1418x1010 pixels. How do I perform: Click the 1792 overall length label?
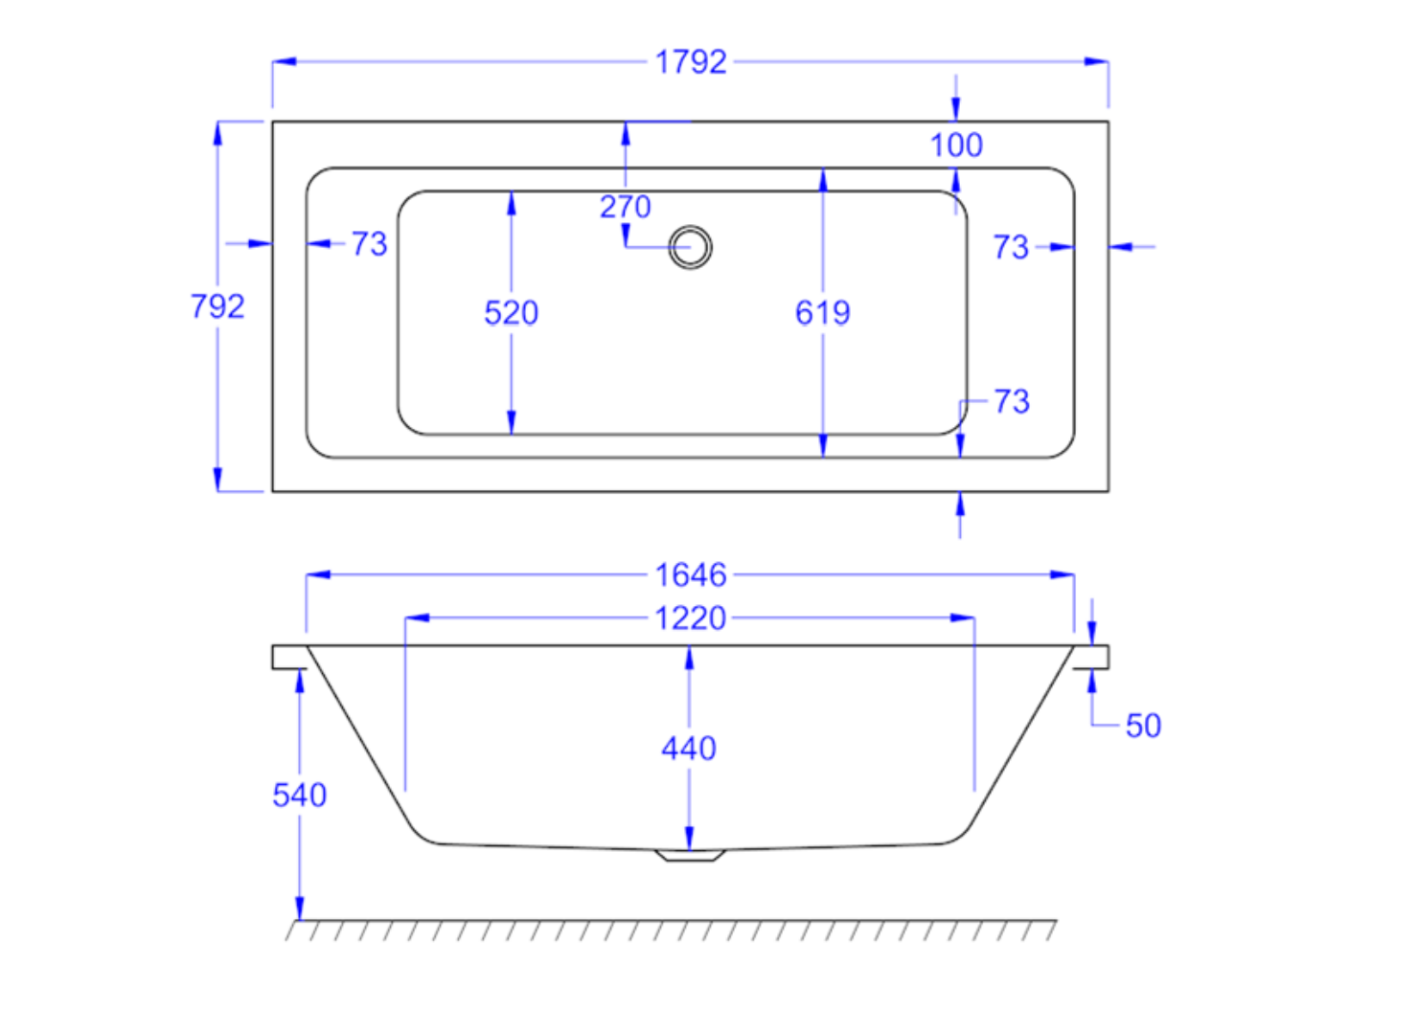(691, 62)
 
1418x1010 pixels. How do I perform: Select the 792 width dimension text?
(217, 306)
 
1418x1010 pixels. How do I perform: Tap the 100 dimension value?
(956, 146)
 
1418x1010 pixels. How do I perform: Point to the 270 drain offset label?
(625, 207)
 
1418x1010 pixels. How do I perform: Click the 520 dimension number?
(511, 313)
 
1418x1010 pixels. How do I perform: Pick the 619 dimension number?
(822, 313)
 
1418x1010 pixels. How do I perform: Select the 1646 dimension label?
(691, 575)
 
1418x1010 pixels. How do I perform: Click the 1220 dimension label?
(691, 618)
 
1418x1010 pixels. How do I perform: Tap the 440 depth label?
(689, 749)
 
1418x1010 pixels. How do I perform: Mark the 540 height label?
(299, 796)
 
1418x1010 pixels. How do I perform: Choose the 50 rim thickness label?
(1143, 726)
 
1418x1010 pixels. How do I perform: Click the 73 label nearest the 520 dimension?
(369, 244)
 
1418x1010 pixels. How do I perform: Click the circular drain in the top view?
(690, 247)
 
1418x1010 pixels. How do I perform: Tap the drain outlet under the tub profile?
(690, 855)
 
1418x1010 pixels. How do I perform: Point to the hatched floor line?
(671, 929)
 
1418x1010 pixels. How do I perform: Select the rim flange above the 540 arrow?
(288, 657)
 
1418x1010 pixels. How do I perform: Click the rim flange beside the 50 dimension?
(1091, 657)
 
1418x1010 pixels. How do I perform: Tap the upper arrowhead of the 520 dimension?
(511, 202)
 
